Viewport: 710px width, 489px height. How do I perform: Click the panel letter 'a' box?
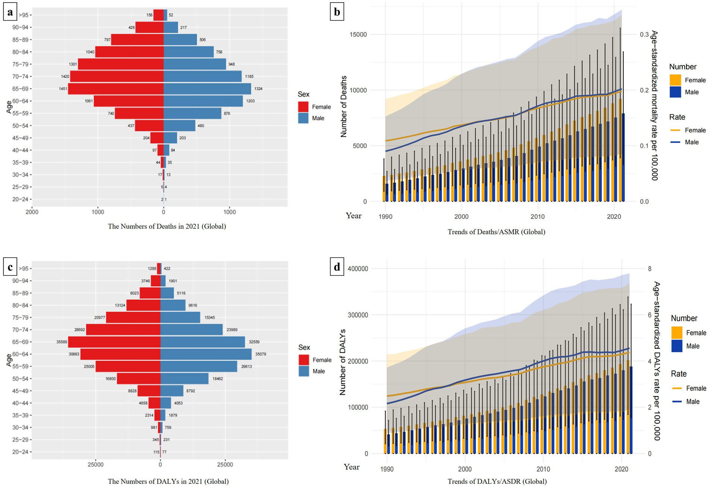point(10,12)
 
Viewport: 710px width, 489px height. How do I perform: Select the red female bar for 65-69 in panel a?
point(116,89)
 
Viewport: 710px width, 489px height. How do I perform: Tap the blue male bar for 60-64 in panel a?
point(203,101)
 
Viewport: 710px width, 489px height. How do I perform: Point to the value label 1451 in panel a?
point(63,89)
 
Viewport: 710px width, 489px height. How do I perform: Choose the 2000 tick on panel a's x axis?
point(32,212)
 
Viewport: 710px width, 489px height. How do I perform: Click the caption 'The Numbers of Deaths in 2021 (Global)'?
point(167,226)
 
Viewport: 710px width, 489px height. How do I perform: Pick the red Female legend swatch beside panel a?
point(303,107)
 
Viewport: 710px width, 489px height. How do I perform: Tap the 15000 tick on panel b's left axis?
point(358,34)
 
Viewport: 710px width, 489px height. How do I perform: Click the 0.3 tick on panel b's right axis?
point(644,34)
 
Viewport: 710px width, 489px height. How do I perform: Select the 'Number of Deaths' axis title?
point(344,106)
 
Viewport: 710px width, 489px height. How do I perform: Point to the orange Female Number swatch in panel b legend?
point(675,80)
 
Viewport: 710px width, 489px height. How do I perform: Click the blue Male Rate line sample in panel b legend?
point(675,142)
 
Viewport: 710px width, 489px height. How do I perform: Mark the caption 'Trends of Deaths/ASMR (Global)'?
point(496,232)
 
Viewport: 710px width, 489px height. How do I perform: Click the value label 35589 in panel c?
point(62,342)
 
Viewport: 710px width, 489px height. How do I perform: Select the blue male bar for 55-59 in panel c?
point(199,367)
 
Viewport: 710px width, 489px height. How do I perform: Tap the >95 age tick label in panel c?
point(24,268)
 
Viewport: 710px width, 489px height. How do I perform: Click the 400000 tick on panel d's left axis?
point(358,269)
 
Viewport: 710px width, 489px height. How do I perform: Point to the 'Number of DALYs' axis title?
point(342,362)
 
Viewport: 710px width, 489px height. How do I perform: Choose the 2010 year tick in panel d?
point(543,469)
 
